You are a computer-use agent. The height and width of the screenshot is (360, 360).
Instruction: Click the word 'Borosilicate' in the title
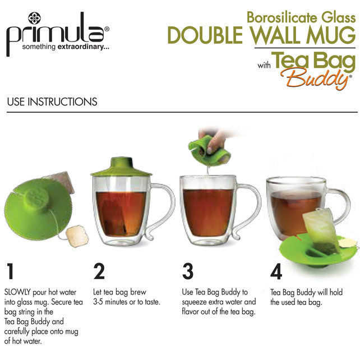click(275, 17)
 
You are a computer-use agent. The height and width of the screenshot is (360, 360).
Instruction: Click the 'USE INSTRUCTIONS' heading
click(52, 102)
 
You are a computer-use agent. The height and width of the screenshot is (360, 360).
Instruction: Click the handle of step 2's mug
click(163, 207)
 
